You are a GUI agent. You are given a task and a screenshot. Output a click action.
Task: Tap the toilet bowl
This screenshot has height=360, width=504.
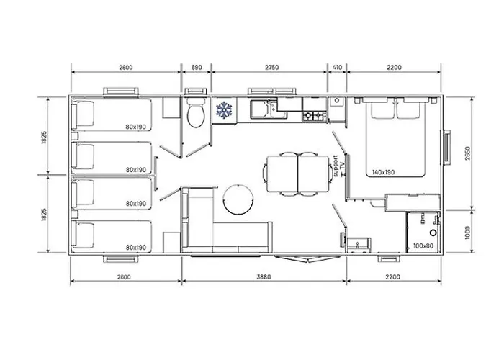click(x=194, y=115)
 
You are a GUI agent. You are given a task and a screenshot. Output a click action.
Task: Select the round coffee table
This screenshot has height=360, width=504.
click(x=238, y=199)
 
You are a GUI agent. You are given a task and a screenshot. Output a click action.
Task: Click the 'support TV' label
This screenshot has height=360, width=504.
click(x=339, y=166)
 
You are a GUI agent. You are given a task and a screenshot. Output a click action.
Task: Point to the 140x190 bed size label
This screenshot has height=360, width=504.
click(x=384, y=173)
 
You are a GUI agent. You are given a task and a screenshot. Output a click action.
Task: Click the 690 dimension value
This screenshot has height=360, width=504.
click(x=194, y=67)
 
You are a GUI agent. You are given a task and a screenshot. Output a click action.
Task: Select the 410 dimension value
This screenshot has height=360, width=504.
click(x=336, y=67)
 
